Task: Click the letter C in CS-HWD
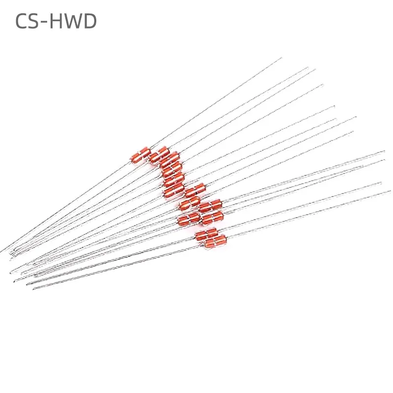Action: pos(23,21)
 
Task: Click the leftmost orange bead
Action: pos(140,154)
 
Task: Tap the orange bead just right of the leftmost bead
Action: pos(159,155)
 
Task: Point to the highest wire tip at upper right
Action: pos(281,58)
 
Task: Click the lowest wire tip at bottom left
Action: pos(33,289)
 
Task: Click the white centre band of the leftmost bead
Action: pos(140,154)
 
